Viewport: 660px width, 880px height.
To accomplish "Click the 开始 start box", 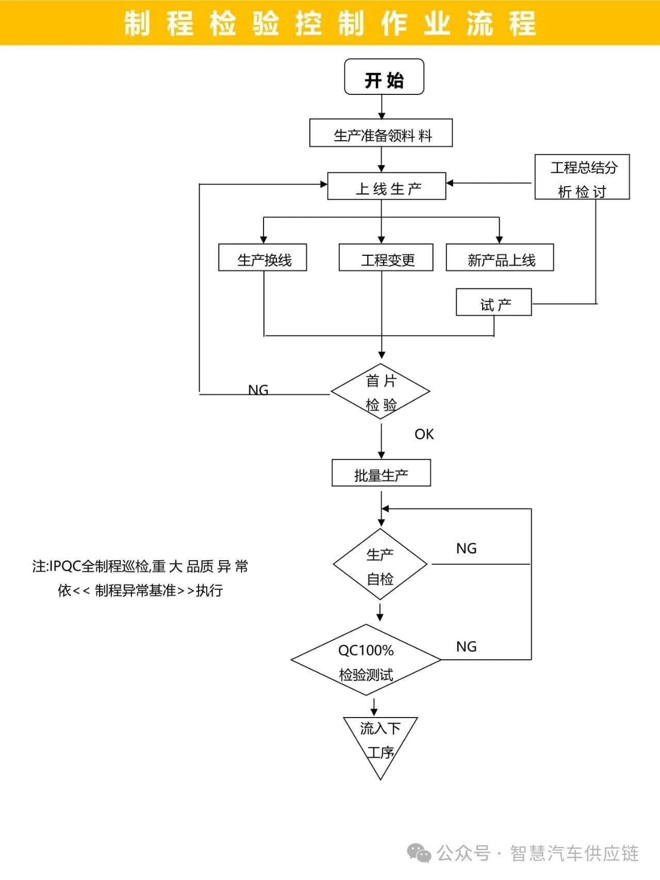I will click(x=384, y=77).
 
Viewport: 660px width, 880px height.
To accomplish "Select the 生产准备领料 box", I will click(x=381, y=133).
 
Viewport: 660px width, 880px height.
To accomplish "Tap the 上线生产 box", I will click(x=387, y=186).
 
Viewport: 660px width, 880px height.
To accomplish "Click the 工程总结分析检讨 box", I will click(x=582, y=177).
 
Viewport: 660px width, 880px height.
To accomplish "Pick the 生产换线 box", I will click(x=262, y=257).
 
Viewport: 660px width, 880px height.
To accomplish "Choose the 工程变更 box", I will click(x=386, y=257).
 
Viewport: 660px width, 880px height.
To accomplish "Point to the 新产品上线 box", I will click(x=500, y=257).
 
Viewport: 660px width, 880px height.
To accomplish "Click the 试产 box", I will click(x=493, y=302).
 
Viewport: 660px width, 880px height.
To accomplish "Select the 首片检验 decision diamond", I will click(x=381, y=392).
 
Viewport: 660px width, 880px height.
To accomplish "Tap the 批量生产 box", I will click(x=381, y=473).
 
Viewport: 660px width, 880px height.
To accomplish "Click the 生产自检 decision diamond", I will click(x=381, y=564).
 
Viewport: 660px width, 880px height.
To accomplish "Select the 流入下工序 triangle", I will click(x=381, y=740).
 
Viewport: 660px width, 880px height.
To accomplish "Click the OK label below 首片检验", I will click(x=424, y=434).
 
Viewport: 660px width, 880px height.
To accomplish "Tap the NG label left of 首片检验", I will click(x=258, y=390).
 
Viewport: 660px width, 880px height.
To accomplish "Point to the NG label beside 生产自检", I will click(x=467, y=548).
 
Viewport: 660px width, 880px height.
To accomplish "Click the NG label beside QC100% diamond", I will click(x=467, y=646).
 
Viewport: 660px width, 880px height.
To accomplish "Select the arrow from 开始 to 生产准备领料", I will click(x=382, y=107).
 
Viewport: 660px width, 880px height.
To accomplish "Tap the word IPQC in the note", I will click(x=65, y=566).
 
